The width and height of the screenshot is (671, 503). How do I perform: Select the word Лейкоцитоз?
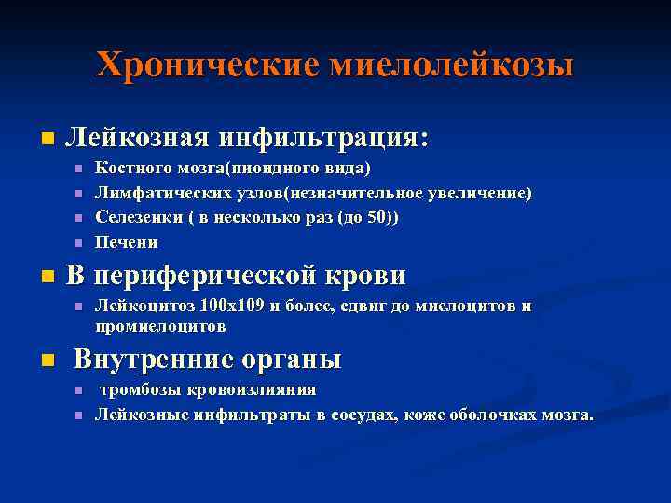(x=141, y=305)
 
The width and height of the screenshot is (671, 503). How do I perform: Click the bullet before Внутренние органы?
(x=47, y=360)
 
